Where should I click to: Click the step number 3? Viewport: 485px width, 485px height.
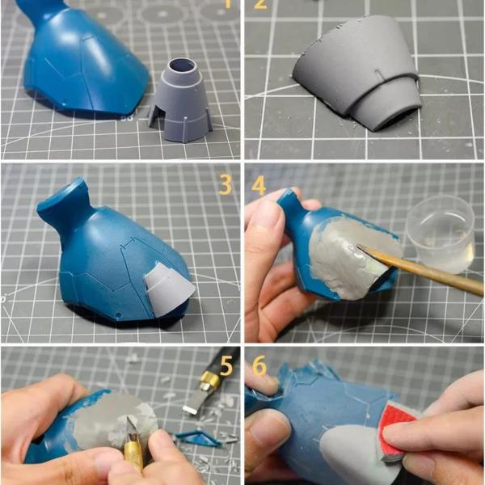226,185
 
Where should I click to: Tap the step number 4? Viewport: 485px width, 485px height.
259,185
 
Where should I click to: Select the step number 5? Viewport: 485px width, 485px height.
226,365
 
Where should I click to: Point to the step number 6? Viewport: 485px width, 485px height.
259,365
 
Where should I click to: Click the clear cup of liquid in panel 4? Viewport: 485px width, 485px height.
441,234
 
